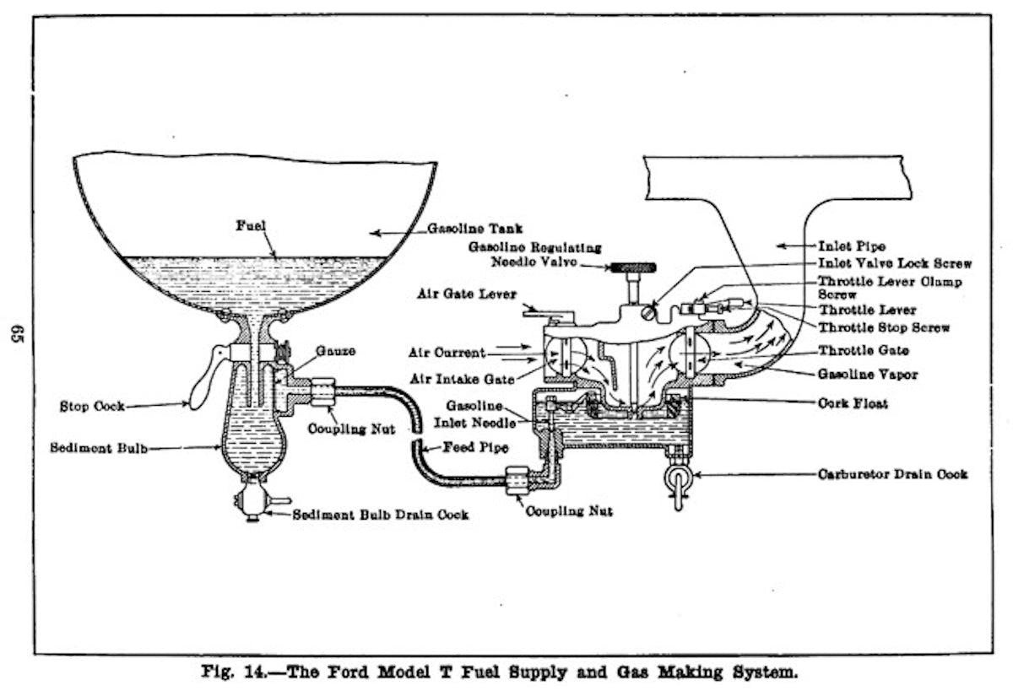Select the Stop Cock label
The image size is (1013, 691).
pyautogui.click(x=92, y=406)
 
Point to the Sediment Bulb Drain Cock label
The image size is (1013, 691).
pyautogui.click(x=380, y=514)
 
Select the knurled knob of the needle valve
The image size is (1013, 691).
pyautogui.click(x=633, y=268)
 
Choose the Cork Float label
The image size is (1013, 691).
pyautogui.click(x=853, y=404)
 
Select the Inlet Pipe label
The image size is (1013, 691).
pyautogui.click(x=850, y=246)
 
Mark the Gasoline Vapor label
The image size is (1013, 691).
pyautogui.click(x=867, y=373)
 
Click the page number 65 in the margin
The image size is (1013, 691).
pyautogui.click(x=16, y=334)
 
